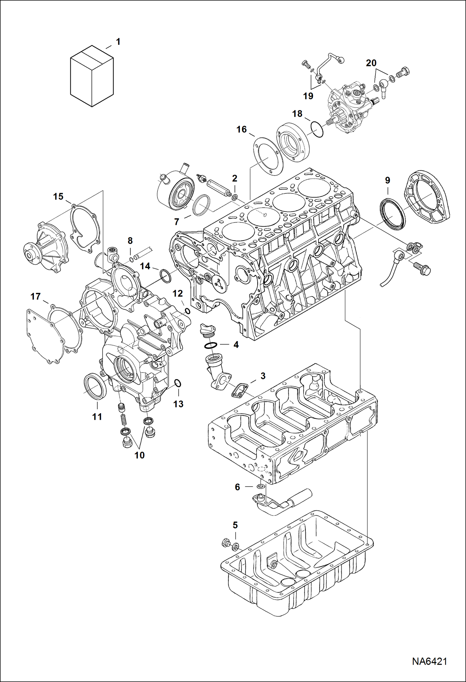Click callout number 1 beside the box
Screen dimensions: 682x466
click(x=118, y=42)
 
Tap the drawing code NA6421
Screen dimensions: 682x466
click(x=430, y=661)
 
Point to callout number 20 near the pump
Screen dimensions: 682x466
click(x=371, y=63)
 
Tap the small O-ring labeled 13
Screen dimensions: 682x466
click(x=177, y=384)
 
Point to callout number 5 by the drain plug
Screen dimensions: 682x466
click(x=235, y=525)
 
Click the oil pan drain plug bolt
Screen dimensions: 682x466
click(x=226, y=543)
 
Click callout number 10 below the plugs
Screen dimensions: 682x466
click(x=139, y=455)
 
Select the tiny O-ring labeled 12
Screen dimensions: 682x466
click(x=187, y=311)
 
